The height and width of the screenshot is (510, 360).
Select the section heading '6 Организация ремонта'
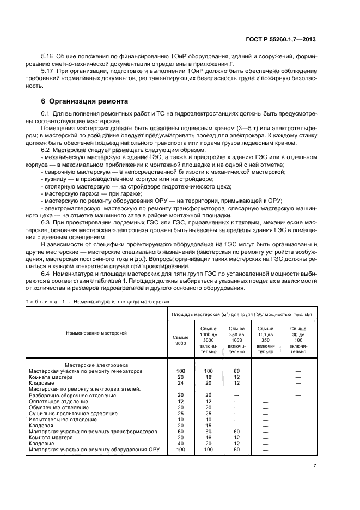(x=78, y=101)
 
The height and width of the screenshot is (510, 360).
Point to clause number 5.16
(x=48, y=56)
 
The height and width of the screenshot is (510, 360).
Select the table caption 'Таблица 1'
(x=45, y=301)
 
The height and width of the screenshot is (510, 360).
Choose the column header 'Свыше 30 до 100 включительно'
(x=298, y=341)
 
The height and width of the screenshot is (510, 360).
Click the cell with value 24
(x=181, y=383)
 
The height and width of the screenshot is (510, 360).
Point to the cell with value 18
(x=208, y=377)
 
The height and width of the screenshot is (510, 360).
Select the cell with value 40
(x=181, y=444)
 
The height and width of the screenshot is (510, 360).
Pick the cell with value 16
(x=208, y=437)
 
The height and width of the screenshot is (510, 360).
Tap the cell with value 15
(x=208, y=425)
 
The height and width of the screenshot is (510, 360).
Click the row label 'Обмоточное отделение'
(x=59, y=407)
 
